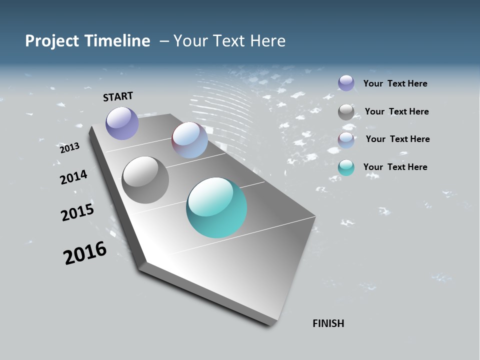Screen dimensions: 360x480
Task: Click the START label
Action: point(118,96)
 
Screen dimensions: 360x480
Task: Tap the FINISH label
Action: point(328,323)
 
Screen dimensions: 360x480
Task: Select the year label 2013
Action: point(69,148)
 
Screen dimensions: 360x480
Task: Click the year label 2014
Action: point(73,177)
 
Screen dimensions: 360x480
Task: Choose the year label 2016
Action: point(85,253)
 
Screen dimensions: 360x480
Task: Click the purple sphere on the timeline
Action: point(122,123)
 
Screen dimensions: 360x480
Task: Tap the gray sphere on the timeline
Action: point(145,180)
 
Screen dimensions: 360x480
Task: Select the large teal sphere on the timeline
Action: point(216,207)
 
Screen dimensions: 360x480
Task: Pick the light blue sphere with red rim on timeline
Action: point(189,140)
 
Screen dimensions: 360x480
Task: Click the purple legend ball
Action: point(346,83)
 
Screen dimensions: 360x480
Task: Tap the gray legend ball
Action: point(346,112)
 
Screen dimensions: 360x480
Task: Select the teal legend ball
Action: point(346,167)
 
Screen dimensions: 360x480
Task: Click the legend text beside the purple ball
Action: point(395,83)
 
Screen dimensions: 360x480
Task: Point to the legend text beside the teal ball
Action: point(395,167)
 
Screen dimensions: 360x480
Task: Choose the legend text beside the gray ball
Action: point(396,111)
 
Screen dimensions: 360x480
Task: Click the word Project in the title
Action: point(51,41)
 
